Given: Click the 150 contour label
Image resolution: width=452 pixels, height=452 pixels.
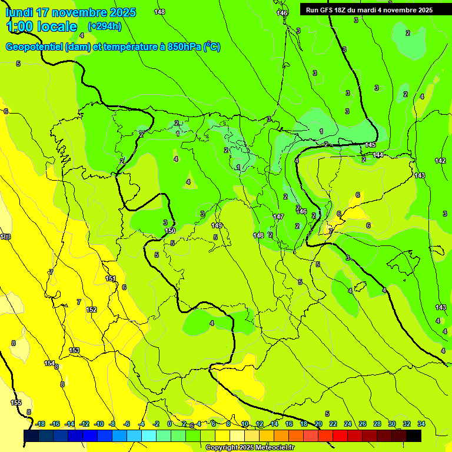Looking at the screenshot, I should tap(170, 231).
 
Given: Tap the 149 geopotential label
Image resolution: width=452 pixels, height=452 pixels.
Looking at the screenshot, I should tap(217, 225).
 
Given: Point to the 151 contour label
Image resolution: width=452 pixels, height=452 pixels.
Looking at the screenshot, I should tap(110, 279).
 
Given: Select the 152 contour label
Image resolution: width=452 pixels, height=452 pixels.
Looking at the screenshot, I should tap(91, 310).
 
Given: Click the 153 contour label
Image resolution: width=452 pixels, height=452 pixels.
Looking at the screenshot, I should tap(74, 350).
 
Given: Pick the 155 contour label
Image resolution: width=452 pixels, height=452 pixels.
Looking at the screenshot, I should tap(16, 403).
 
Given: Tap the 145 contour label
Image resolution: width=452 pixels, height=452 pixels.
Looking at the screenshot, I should tap(370, 145).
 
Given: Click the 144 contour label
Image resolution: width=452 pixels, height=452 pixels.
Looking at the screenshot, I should tap(378, 155).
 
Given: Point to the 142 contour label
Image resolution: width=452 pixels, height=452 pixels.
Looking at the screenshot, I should tap(440, 161).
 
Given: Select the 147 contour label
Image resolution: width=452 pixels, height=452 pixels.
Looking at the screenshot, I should tap(278, 217).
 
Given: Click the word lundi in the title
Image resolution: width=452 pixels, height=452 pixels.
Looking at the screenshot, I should tap(19, 12).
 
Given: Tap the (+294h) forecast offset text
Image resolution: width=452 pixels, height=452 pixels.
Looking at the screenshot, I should tap(104, 26).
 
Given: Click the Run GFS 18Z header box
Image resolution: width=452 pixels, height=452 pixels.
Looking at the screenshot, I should tap(369, 10).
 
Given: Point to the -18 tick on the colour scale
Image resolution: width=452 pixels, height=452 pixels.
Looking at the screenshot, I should tap(40, 424).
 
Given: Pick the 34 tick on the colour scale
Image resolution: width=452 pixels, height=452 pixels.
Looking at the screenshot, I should tap(421, 424).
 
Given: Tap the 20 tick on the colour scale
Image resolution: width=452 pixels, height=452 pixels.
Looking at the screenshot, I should tap(318, 424).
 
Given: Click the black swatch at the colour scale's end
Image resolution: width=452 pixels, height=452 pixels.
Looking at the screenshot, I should tap(414, 436).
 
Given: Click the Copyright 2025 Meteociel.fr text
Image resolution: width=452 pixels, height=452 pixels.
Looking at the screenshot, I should tap(250, 447).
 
